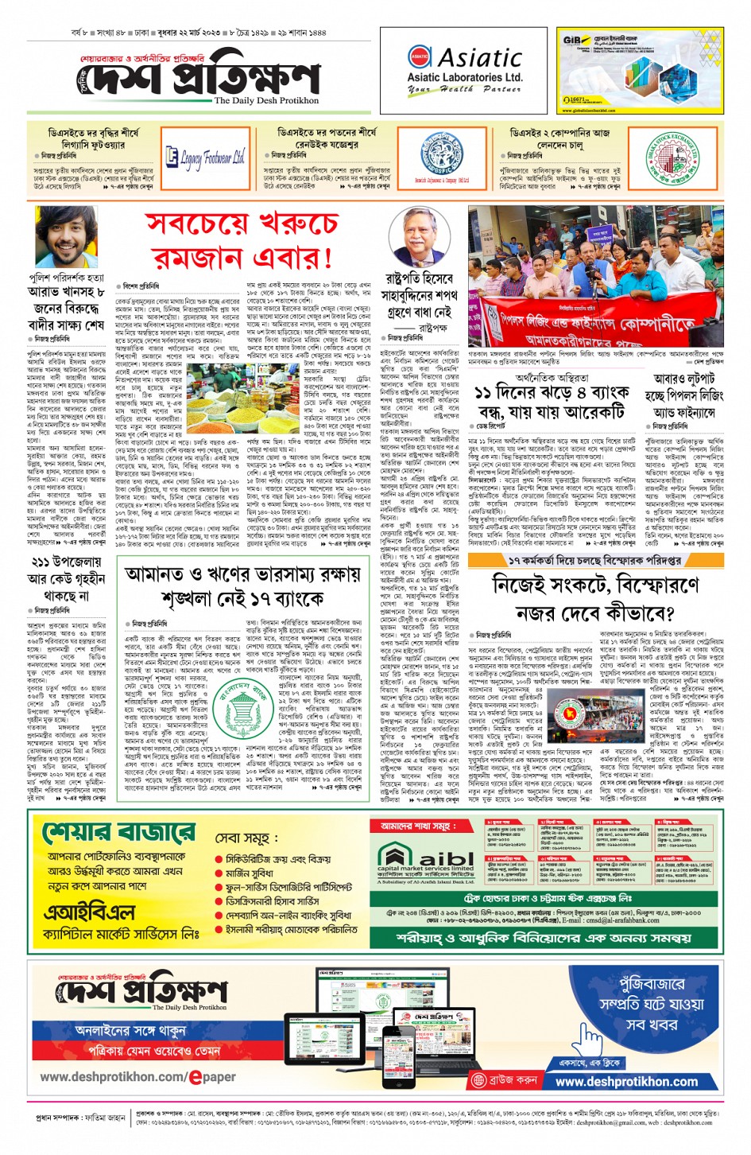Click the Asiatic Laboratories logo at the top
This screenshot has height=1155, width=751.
coord(465,69)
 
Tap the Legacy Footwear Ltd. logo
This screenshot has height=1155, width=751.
coord(205,157)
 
